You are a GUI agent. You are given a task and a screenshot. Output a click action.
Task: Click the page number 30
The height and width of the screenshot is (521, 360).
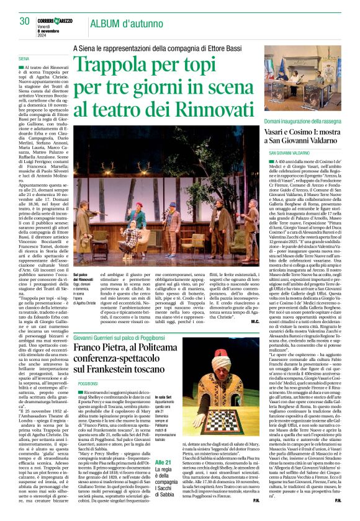25,20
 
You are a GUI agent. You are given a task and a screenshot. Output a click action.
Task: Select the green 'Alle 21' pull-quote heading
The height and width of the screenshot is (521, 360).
164,462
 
